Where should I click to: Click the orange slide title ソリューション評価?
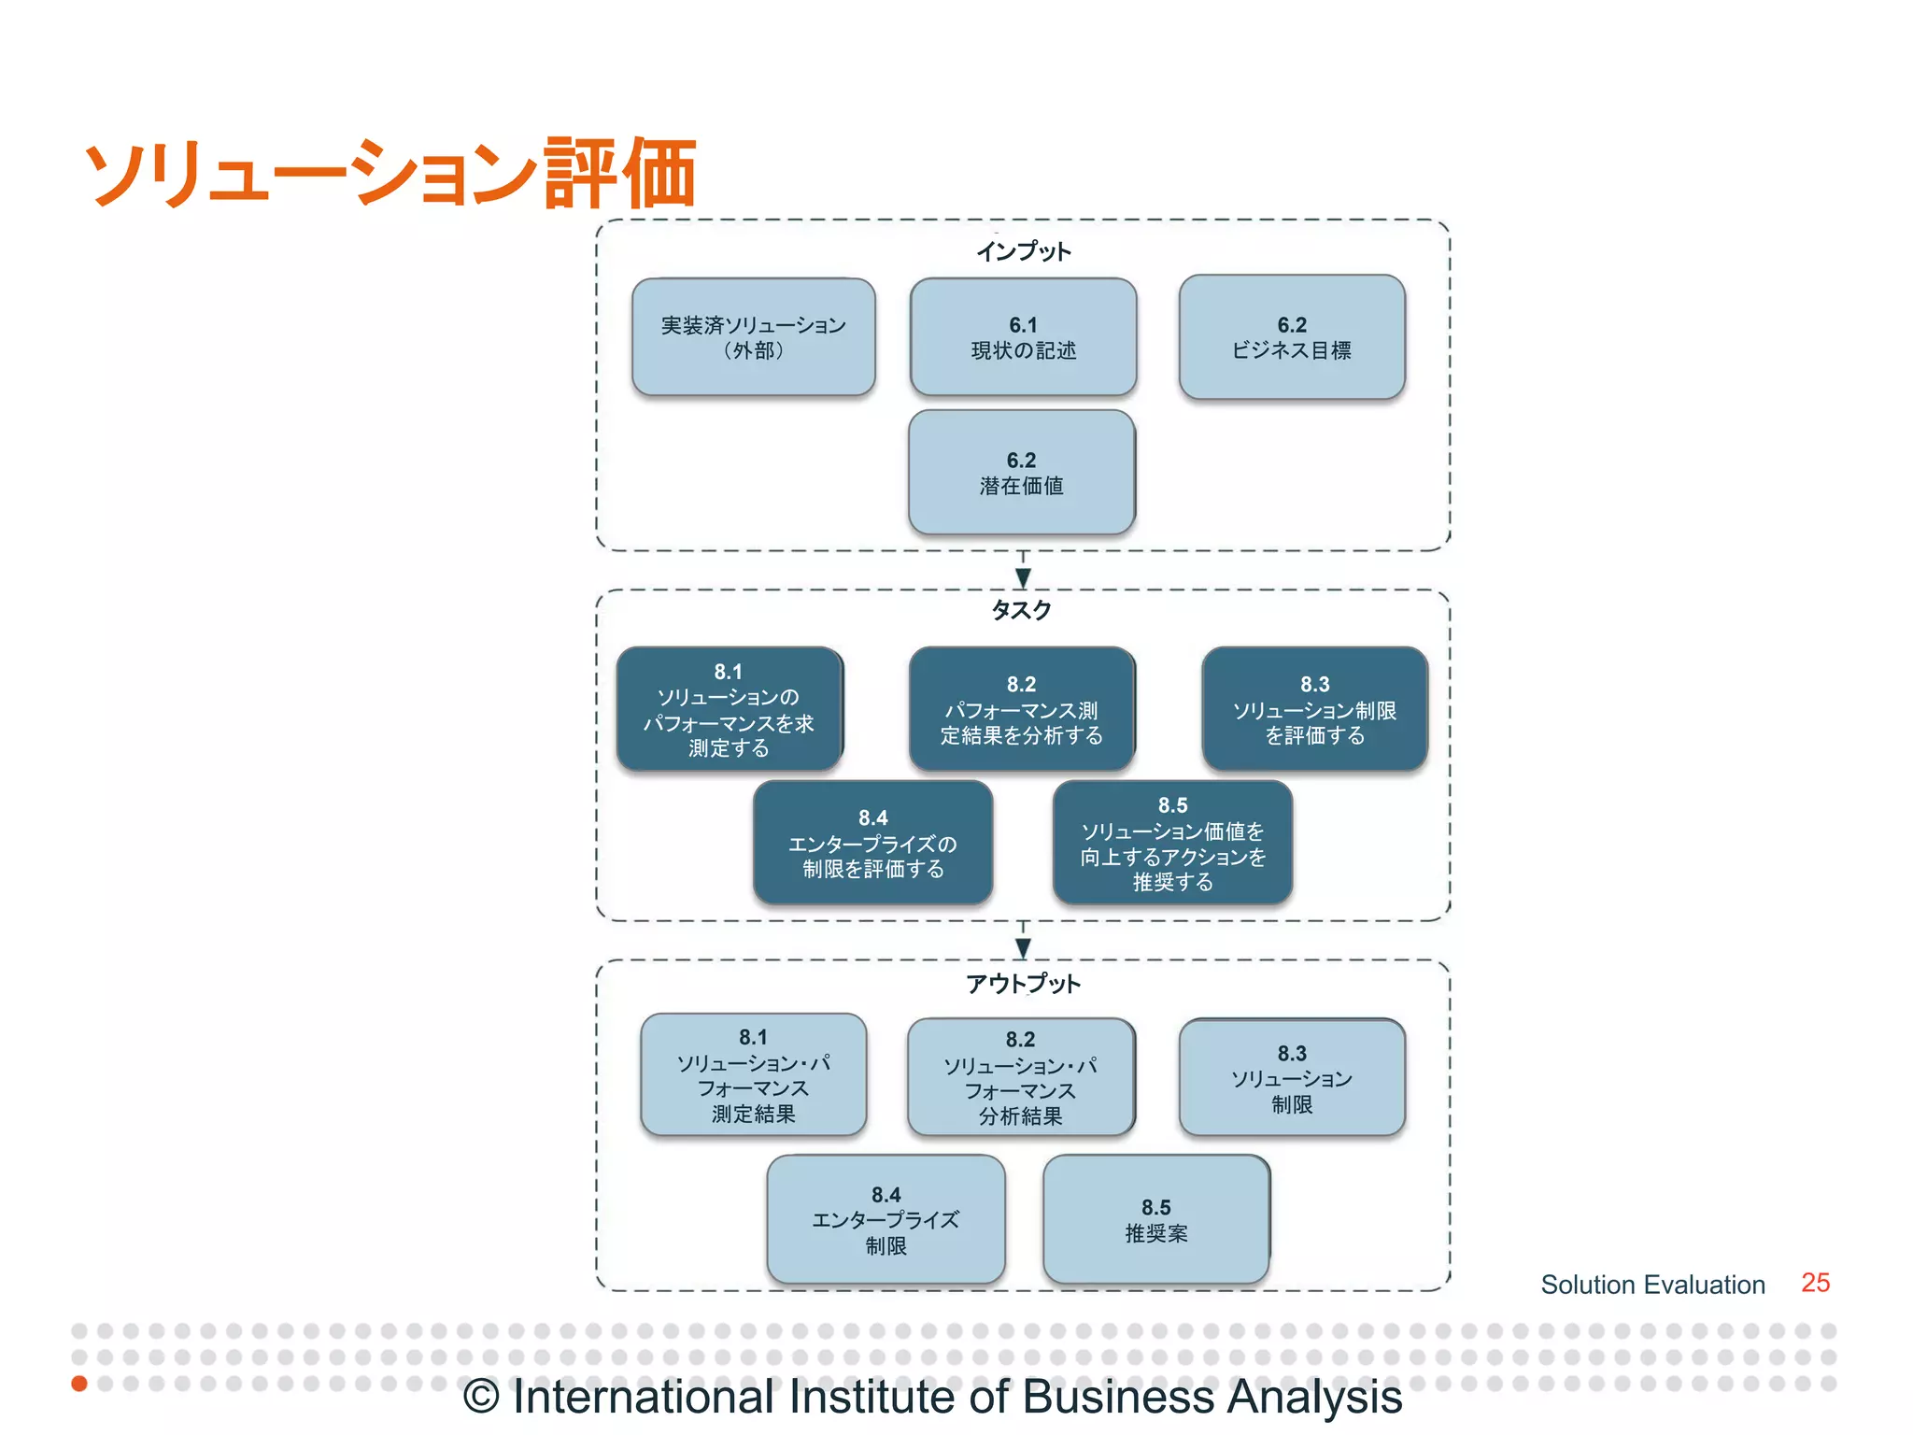pyautogui.click(x=390, y=173)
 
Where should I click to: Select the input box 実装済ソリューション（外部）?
pyautogui.click(x=753, y=337)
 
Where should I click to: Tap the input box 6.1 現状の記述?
pyautogui.click(x=1023, y=337)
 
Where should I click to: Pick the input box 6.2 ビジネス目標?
pyautogui.click(x=1292, y=337)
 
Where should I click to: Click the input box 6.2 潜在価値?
pyautogui.click(x=1022, y=473)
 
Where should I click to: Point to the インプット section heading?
pyautogui.click(x=1023, y=251)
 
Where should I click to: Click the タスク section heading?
pyautogui.click(x=1021, y=610)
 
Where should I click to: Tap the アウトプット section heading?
pyautogui.click(x=1023, y=983)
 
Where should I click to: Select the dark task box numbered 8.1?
pyautogui.click(x=729, y=709)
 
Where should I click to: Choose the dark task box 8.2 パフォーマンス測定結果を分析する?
pyautogui.click(x=1022, y=709)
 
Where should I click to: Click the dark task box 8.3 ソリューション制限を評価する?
pyautogui.click(x=1314, y=709)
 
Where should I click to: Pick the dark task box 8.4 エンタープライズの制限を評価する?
pyautogui.click(x=872, y=843)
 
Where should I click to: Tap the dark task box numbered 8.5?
pyautogui.click(x=1172, y=843)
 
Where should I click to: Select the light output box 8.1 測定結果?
pyautogui.click(x=753, y=1074)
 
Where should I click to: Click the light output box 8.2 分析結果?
pyautogui.click(x=1021, y=1077)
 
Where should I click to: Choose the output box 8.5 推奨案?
pyautogui.click(x=1155, y=1219)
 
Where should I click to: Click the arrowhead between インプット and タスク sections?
pyautogui.click(x=1023, y=577)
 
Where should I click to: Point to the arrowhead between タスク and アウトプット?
pyautogui.click(x=1023, y=947)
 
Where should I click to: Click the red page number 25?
pyautogui.click(x=1815, y=1283)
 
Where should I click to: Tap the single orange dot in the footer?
pyautogui.click(x=79, y=1383)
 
